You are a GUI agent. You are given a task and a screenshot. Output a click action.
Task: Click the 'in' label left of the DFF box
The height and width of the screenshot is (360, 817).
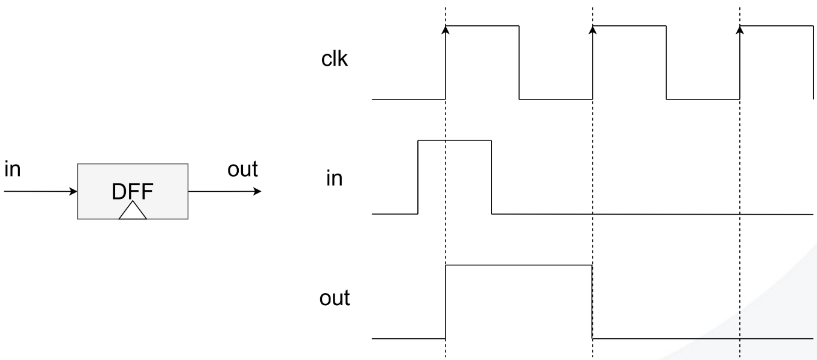click(12, 170)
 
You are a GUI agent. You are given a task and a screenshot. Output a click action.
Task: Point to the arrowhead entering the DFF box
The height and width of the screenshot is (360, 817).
click(74, 192)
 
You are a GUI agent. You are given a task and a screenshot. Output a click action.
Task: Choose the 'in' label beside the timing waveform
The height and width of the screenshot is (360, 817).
click(334, 178)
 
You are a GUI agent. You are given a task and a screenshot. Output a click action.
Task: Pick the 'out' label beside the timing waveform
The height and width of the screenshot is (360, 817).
click(337, 297)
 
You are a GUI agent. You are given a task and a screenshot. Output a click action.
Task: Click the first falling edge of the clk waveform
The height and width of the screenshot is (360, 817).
click(519, 62)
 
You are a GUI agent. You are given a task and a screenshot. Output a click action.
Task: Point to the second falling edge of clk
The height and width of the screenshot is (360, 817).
click(667, 62)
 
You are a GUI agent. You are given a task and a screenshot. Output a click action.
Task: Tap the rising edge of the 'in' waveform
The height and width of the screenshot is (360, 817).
click(418, 177)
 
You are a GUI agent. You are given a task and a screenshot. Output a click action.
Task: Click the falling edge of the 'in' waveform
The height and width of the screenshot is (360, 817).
click(492, 177)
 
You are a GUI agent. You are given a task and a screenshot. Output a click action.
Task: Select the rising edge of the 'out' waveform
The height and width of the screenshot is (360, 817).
click(446, 302)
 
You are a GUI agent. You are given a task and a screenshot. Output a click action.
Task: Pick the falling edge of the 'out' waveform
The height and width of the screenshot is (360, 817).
click(593, 302)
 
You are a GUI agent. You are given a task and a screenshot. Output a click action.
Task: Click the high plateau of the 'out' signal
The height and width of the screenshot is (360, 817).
click(519, 265)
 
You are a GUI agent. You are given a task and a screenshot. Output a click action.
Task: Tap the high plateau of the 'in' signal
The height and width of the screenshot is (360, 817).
click(455, 140)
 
